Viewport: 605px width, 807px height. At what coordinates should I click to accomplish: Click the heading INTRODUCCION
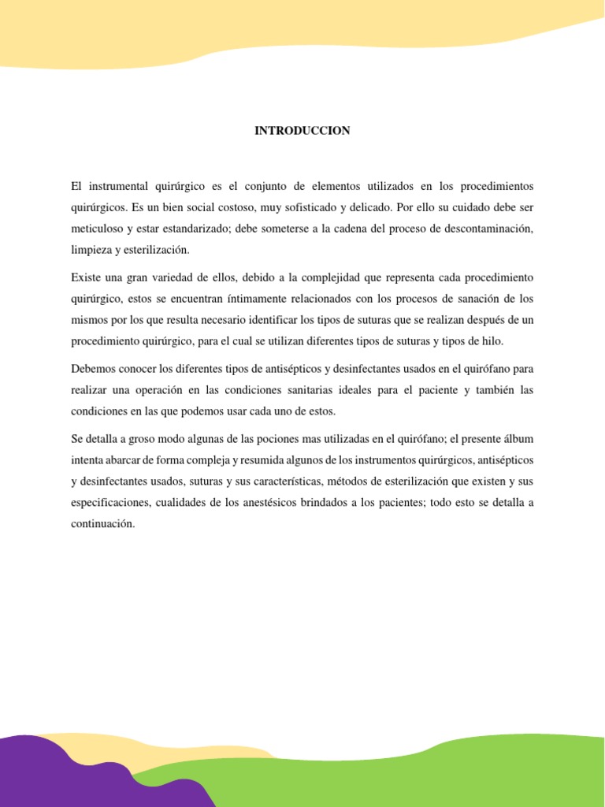(x=302, y=131)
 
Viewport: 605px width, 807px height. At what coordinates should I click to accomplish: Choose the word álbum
(x=518, y=438)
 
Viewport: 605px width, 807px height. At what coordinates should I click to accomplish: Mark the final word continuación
(x=102, y=523)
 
